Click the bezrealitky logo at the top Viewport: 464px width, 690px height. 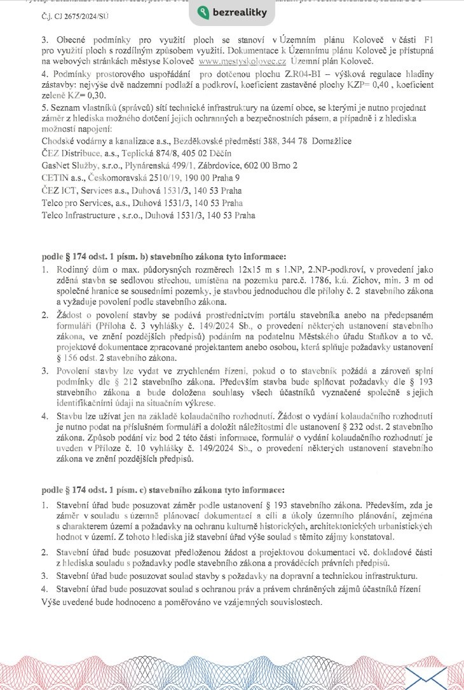pos(232,13)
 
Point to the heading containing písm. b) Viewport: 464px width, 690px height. pos(164,257)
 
